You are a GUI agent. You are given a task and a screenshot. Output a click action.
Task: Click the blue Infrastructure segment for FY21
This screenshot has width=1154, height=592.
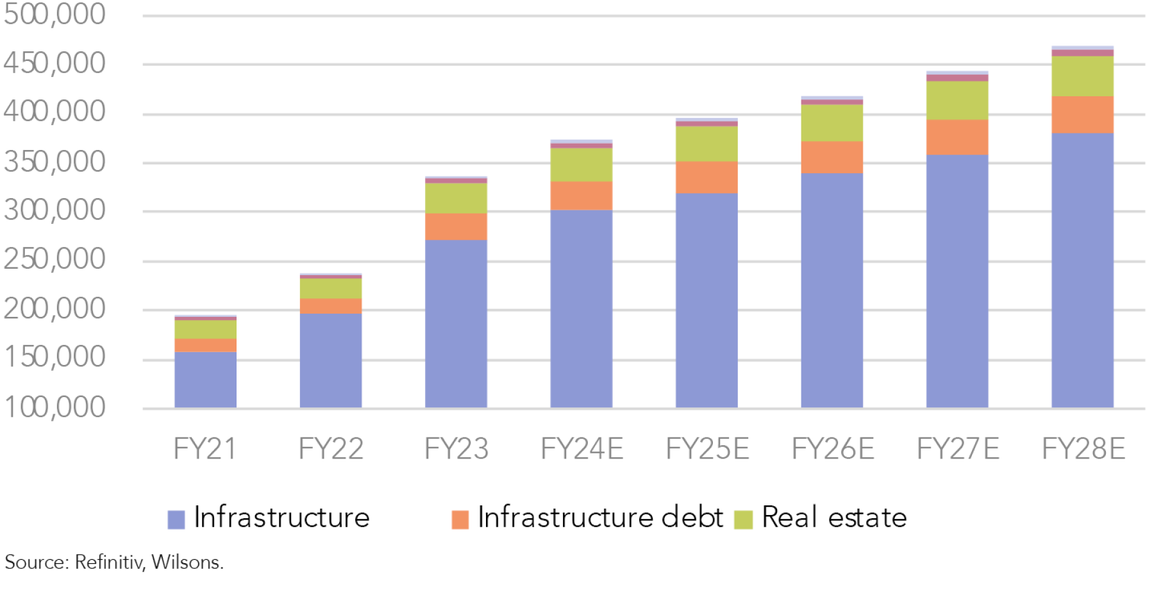coord(205,380)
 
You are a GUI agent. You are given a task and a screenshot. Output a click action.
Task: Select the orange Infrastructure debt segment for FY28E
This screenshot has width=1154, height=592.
coord(1082,115)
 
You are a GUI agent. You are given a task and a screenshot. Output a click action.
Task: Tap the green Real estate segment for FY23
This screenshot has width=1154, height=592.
coord(456,198)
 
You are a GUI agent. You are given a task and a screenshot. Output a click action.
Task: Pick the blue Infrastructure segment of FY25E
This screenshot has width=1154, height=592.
coord(707,300)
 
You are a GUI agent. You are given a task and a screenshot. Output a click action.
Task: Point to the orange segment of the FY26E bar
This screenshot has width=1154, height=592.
coord(832,157)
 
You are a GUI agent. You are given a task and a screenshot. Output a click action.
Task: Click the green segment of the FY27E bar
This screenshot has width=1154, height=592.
coord(957,100)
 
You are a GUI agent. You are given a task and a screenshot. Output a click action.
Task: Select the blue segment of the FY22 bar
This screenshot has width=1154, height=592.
coord(331,360)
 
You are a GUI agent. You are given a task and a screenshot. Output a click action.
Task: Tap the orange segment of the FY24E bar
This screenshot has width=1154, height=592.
coord(581,196)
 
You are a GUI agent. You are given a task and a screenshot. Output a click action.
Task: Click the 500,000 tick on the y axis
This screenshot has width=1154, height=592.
coord(54,14)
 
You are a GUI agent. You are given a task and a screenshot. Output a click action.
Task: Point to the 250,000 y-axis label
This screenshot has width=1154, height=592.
coord(54,260)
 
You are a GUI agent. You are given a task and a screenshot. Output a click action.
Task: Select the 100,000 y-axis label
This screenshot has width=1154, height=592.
coord(54,407)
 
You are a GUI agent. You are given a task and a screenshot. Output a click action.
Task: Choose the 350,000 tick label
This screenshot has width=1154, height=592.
coord(54,162)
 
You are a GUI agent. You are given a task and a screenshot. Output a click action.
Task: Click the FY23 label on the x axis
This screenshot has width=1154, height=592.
coord(456,448)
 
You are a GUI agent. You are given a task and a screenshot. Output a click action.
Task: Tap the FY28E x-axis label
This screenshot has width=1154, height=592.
coord(1083,448)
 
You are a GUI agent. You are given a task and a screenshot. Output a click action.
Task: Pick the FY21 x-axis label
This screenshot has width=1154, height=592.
coord(205,448)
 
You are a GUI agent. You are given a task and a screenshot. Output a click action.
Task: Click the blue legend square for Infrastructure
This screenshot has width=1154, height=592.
coord(176,519)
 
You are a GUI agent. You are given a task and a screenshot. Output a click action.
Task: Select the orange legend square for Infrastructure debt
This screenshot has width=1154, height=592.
coord(460,519)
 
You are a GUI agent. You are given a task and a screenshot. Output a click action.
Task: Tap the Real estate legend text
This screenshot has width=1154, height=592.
coord(834,518)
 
